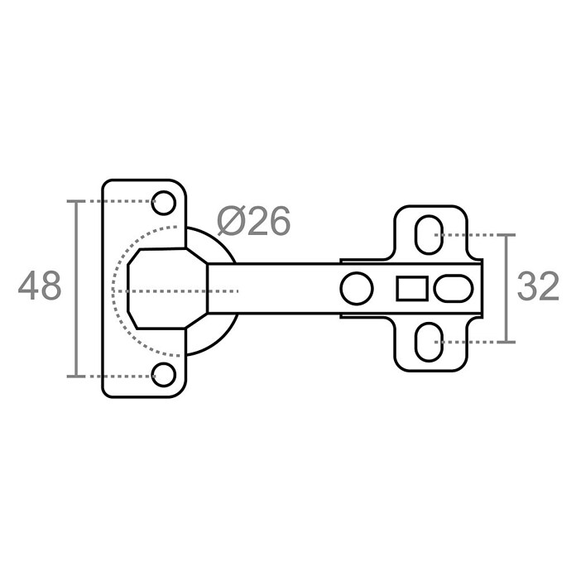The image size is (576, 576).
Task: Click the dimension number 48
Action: tap(40, 286)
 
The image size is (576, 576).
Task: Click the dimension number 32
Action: tap(538, 286)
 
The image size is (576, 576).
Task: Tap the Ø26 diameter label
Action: tap(254, 221)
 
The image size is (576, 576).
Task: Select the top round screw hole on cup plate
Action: tap(164, 203)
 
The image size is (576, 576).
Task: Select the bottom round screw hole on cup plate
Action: tap(164, 374)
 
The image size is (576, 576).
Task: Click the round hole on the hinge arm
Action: tap(357, 288)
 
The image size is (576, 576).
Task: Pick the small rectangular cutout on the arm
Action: tap(412, 288)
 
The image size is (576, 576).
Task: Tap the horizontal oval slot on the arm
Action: tap(453, 288)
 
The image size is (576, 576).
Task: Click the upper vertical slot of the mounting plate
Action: tap(429, 235)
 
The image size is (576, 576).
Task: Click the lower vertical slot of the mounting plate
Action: tap(429, 342)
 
